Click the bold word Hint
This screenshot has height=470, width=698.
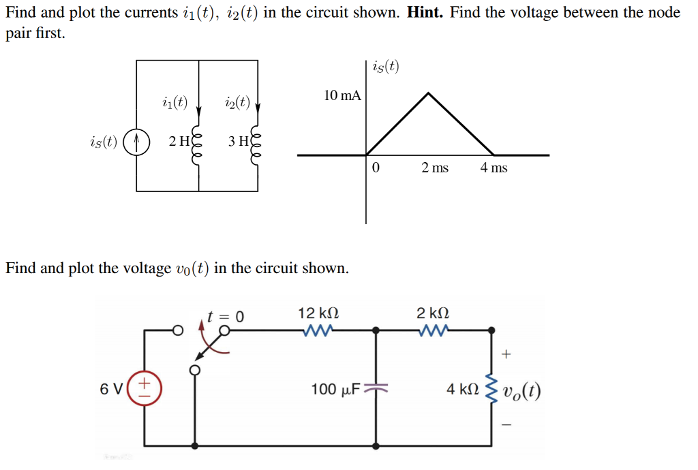pos(426,13)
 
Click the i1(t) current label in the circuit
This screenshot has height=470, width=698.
pos(175,103)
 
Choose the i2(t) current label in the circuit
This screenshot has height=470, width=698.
pos(237,103)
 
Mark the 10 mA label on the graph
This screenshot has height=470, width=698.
pos(342,95)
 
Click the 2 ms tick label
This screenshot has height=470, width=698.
pos(434,168)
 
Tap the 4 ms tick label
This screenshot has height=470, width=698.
pos(494,168)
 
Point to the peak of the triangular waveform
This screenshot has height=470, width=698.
pos(427,93)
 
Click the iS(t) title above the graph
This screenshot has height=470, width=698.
pos(386,66)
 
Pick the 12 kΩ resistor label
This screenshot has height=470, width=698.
pos(318,313)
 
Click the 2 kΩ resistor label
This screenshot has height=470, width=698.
pos(433,313)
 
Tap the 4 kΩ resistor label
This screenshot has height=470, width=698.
pos(463,390)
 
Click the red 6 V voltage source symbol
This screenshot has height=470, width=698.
pos(144,390)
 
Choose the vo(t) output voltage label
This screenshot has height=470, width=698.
pos(522,390)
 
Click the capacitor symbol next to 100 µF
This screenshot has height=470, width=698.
pos(376,389)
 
